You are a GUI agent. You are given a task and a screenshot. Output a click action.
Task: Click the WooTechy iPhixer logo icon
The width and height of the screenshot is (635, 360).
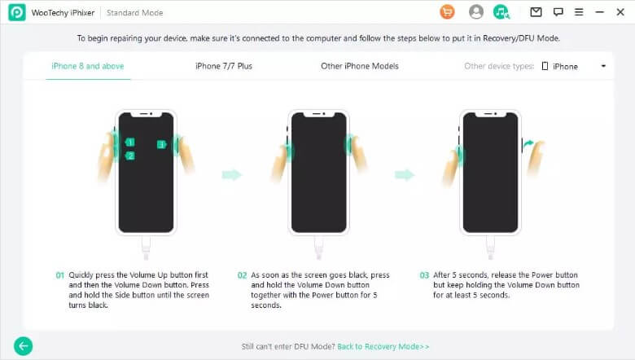coord(17,12)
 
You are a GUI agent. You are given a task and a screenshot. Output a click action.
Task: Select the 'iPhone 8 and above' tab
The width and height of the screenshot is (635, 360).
coord(87,66)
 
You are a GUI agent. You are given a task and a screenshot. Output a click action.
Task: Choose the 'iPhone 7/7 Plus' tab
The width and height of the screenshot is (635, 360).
coord(224,66)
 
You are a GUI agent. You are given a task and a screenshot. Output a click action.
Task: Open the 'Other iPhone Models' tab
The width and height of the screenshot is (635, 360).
coord(360,66)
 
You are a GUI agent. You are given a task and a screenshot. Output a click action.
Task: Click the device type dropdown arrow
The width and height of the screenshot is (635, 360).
coord(603,66)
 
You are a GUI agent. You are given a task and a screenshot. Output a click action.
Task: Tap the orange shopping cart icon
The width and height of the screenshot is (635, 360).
coord(447,12)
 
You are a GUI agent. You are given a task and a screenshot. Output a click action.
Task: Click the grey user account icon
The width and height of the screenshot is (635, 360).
coord(476,12)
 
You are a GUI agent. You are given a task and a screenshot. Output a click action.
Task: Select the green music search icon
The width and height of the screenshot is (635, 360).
coord(501,12)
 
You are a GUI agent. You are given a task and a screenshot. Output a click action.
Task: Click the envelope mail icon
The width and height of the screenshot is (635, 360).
coord(536,12)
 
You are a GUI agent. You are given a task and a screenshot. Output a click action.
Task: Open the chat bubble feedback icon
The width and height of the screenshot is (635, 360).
coord(558,12)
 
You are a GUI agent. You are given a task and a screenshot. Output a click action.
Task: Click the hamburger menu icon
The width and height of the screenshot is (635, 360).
coord(579,12)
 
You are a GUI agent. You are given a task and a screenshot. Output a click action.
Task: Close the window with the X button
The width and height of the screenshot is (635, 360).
coord(620,12)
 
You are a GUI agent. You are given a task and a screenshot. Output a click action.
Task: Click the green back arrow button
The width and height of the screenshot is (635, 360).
coord(23,346)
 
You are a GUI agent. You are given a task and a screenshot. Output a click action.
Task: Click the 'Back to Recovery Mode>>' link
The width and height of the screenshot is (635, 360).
coord(383,347)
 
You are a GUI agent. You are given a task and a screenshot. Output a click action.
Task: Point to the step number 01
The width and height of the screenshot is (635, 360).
coord(60,275)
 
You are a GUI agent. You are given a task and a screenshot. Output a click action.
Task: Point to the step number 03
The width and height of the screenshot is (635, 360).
coord(424,275)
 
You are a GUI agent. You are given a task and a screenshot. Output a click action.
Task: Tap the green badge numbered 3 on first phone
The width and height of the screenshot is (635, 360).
coord(161,144)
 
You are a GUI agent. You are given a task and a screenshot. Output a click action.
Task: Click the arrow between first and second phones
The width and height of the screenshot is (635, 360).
coord(232,175)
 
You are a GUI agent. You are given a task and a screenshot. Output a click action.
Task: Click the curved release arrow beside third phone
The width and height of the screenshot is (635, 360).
coord(528,144)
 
